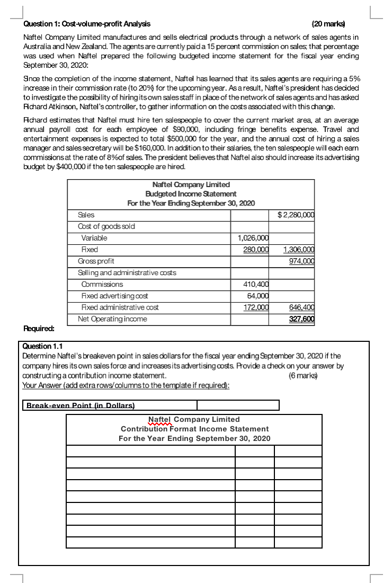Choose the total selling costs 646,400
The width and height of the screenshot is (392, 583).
click(304, 307)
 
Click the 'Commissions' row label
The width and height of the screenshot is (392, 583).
click(102, 284)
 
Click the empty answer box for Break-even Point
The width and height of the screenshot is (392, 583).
click(238, 405)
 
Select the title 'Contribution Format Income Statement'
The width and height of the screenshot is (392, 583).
click(194, 429)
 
